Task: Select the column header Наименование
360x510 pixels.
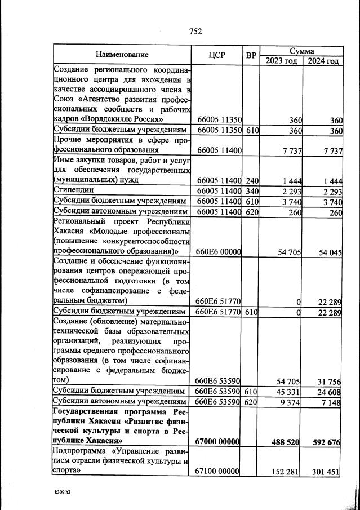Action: point(122,55)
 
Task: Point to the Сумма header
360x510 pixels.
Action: point(301,51)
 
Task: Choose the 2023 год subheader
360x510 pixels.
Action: point(281,60)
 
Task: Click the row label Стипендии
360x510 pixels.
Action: point(73,190)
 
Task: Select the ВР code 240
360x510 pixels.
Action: point(251,180)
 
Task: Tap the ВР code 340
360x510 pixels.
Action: point(251,190)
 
